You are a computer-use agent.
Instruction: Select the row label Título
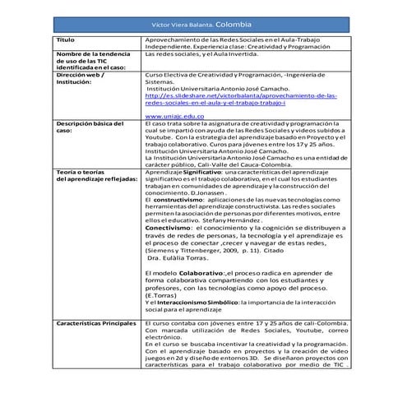pyautogui.click(x=64, y=39)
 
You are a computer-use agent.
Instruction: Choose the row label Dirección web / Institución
pyautogui.click(x=81, y=78)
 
